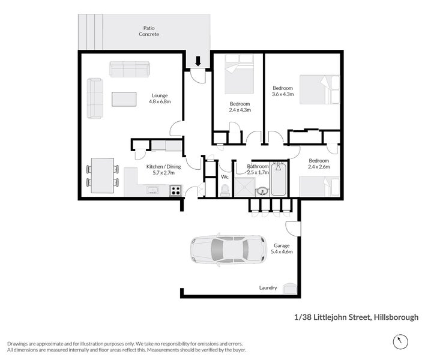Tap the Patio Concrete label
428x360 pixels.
point(149,31)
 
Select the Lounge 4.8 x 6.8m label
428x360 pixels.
point(160,98)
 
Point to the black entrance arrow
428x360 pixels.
point(197,60)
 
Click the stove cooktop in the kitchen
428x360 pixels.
point(176,191)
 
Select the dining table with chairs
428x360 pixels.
point(103,175)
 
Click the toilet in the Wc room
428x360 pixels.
point(225,190)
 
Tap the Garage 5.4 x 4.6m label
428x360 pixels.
point(282,248)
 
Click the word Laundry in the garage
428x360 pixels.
point(268,287)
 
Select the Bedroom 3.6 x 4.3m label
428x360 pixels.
point(282,91)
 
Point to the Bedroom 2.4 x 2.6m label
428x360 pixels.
point(319,163)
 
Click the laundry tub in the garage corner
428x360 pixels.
point(289,288)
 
